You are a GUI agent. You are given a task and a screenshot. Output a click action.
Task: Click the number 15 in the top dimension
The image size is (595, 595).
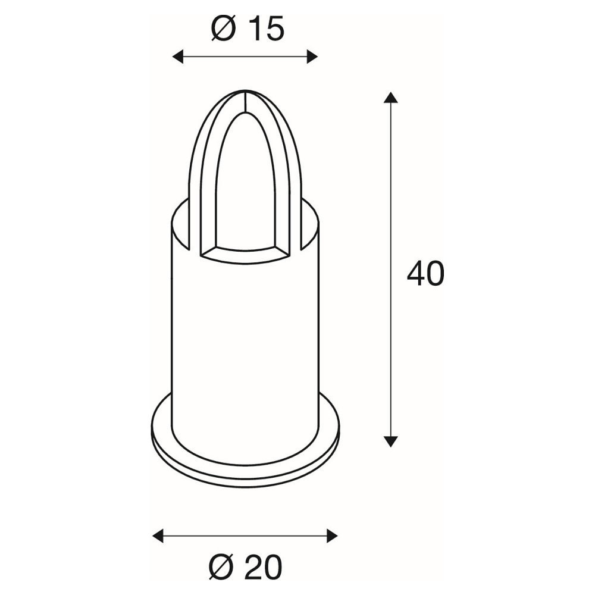point(268,29)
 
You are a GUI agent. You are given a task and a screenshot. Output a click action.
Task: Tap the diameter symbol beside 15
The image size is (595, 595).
point(224,29)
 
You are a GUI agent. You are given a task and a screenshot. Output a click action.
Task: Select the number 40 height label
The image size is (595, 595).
point(425,274)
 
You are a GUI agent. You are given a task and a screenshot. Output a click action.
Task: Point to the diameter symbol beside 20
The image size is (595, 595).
point(222,568)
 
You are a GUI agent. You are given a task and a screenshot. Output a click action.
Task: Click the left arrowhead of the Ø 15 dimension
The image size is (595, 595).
point(178,57)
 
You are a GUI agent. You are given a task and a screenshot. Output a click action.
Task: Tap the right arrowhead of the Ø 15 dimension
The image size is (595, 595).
point(312,57)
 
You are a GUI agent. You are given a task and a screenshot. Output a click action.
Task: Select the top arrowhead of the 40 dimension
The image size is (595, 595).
point(390,97)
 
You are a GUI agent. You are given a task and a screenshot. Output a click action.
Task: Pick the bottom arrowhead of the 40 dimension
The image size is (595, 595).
point(390,441)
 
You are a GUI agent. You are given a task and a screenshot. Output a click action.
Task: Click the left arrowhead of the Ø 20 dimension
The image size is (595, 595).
point(158,536)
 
